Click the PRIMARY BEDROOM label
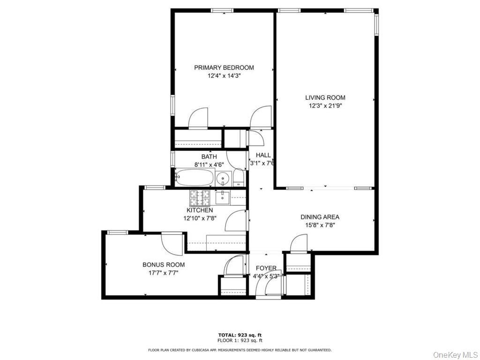224,67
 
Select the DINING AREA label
320,217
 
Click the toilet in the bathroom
239,178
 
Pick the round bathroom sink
224,178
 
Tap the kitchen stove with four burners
202,198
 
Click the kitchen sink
223,198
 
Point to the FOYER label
266,268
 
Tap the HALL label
263,155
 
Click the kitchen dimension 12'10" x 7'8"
199,218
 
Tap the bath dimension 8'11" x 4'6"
209,165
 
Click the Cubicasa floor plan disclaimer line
240,350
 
